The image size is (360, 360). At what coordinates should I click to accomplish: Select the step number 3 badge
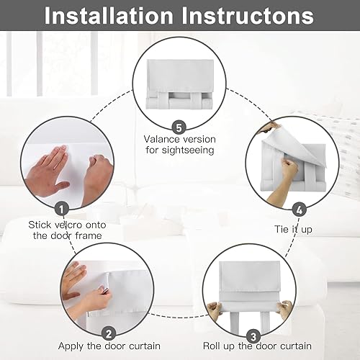coord(253,335)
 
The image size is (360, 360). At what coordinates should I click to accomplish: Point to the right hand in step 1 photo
coord(96,176)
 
